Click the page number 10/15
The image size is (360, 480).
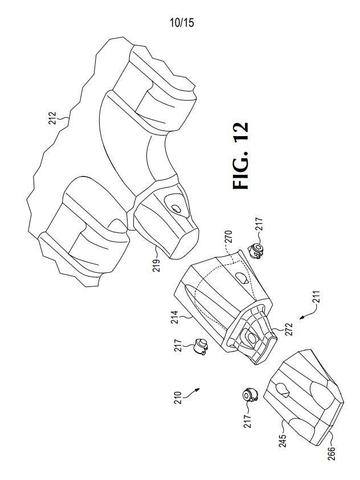182,23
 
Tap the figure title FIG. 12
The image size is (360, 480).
240,155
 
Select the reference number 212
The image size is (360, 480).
52,118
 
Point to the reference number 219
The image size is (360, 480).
156,266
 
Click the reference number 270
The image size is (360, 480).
228,237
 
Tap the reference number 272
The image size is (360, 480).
289,329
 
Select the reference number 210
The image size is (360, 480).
178,398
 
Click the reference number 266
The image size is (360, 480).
332,454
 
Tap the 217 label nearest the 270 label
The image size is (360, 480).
259,224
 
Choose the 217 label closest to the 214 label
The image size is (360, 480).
178,345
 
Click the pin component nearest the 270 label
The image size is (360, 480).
256,251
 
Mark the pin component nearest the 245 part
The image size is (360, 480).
251,395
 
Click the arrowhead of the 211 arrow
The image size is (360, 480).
301,318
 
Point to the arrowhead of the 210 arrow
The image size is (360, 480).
198,389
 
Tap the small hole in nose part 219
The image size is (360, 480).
175,209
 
